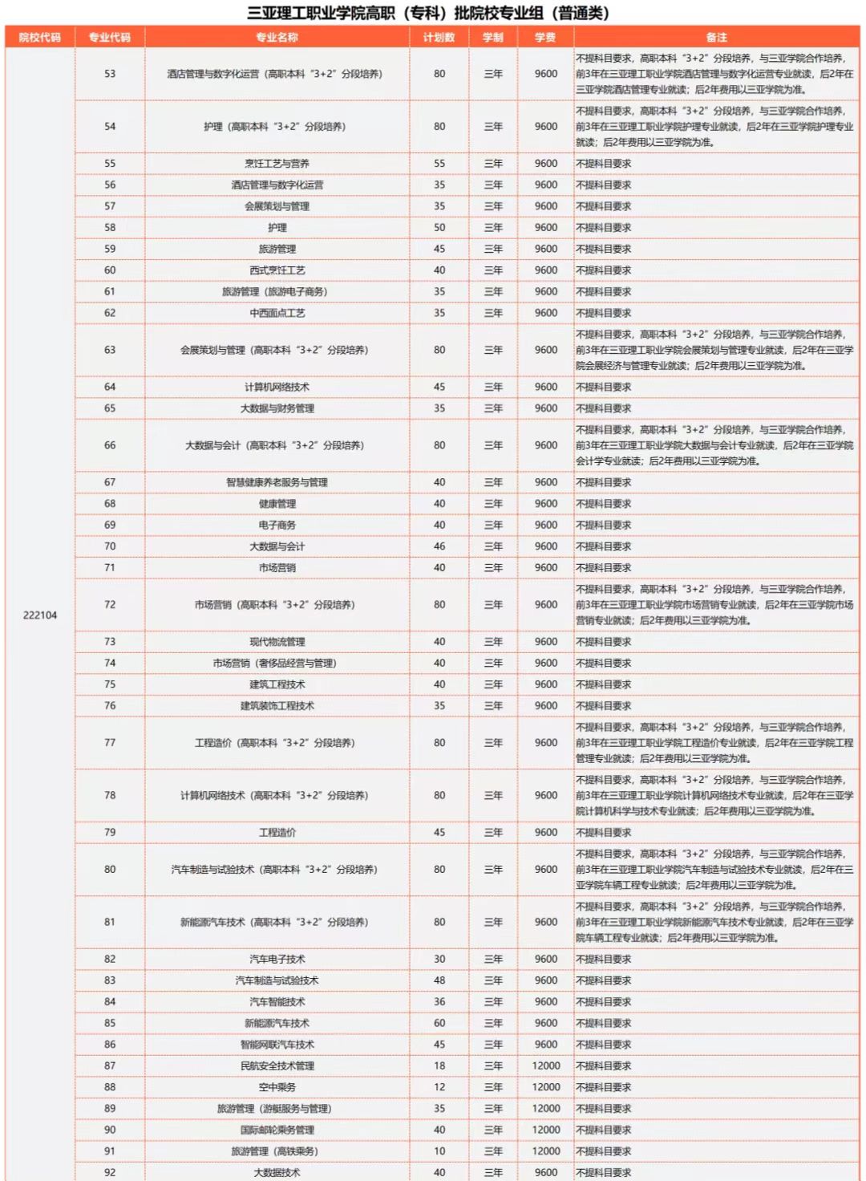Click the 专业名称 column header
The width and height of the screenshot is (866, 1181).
pyautogui.click(x=277, y=38)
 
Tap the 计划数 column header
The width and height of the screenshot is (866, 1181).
pyautogui.click(x=439, y=38)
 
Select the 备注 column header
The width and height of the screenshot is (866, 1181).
pyautogui.click(x=716, y=38)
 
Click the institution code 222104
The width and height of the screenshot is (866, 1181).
pyautogui.click(x=40, y=615)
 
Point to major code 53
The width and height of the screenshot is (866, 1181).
pyautogui.click(x=110, y=74)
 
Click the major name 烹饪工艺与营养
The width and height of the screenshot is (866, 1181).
pyautogui.click(x=277, y=164)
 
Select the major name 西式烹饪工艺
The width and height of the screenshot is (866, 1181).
pyautogui.click(x=277, y=270)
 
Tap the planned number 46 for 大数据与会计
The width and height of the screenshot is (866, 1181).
pyautogui.click(x=439, y=546)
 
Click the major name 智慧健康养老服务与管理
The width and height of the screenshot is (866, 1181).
pyautogui.click(x=277, y=482)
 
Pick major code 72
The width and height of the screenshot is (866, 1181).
pyautogui.click(x=110, y=605)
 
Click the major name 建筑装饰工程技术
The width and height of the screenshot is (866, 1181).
pyautogui.click(x=277, y=706)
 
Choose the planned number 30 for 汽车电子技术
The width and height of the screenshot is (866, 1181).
pyautogui.click(x=439, y=960)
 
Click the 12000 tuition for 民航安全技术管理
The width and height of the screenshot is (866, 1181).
pyautogui.click(x=546, y=1066)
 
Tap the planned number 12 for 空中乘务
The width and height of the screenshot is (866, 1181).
pyautogui.click(x=439, y=1087)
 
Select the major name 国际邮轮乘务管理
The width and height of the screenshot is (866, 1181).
pyautogui.click(x=277, y=1130)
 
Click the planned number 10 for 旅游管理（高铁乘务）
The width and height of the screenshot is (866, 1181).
pyautogui.click(x=439, y=1151)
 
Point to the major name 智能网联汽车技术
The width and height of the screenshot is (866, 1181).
pyautogui.click(x=277, y=1045)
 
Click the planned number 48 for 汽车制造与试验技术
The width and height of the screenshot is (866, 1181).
pyautogui.click(x=439, y=980)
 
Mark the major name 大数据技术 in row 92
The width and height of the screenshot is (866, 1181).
pyautogui.click(x=277, y=1172)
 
